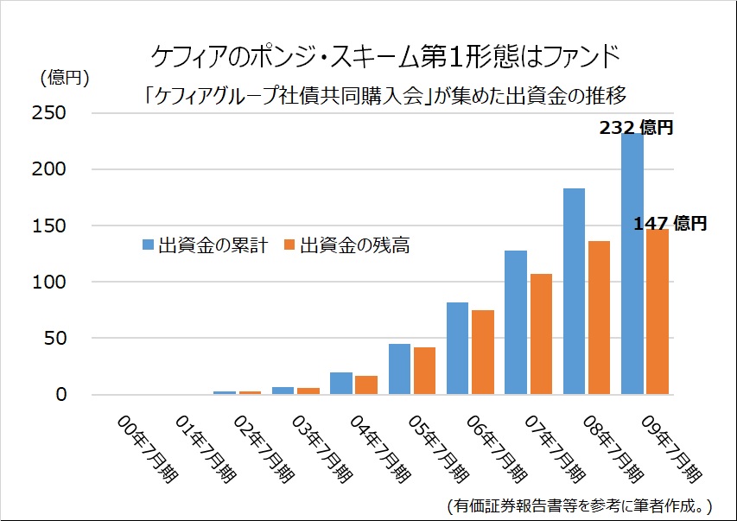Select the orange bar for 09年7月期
click(658, 312)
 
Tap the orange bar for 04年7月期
click(366, 385)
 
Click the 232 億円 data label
click(636, 129)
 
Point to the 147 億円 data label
click(670, 224)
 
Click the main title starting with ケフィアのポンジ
click(385, 57)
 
